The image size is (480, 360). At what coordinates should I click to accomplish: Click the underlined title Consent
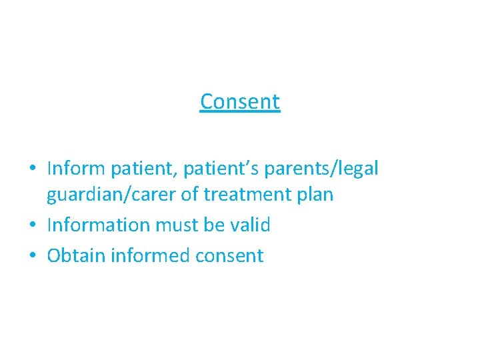pos(240,102)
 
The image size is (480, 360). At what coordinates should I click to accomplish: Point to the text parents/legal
pos(321,169)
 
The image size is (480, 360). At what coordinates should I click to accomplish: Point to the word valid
pos(248,225)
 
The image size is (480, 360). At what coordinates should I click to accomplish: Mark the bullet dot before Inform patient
pos(33,169)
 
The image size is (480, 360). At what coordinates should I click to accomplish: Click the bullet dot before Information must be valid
pos(33,226)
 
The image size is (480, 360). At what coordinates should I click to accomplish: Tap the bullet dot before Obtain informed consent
pos(33,256)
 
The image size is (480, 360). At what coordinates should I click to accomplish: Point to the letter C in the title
pos(207,102)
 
